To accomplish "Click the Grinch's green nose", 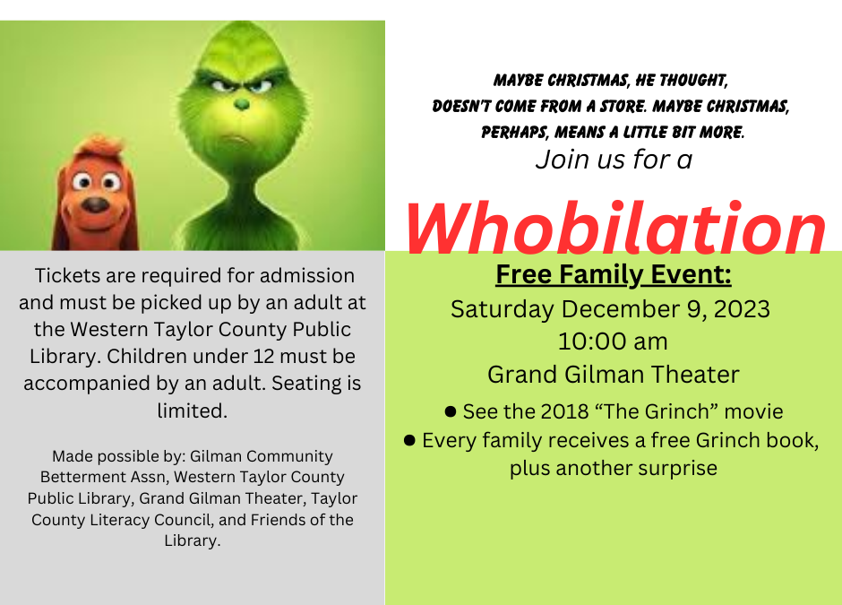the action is pos(242,103).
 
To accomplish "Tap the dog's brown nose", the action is pos(96,204).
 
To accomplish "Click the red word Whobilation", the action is pos(615,228).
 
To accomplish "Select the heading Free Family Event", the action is pos(614,274).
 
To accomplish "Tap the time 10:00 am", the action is pos(613,341).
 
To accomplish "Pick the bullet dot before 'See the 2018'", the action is pos(451,412).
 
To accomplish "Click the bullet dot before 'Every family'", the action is pos(409,441).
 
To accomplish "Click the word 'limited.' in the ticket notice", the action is pos(193,411).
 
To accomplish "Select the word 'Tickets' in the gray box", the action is pos(68,276).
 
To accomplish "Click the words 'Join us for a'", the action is pos(614,160).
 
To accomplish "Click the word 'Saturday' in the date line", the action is pos(503,309).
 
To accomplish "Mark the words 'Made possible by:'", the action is pos(118,457).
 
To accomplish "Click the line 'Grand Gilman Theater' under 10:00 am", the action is pos(614,375).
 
